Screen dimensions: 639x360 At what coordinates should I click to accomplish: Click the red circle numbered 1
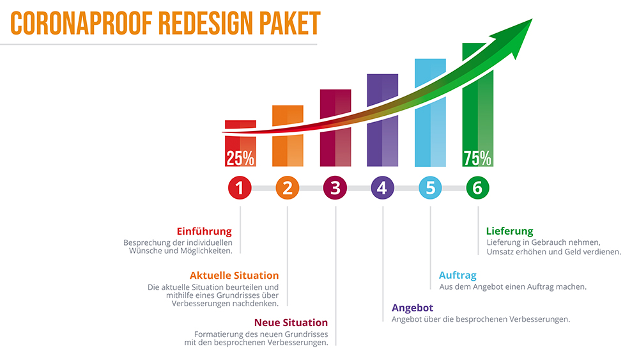(240, 188)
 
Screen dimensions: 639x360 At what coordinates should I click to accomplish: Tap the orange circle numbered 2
(288, 188)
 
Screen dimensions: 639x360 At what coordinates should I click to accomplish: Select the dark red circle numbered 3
(335, 188)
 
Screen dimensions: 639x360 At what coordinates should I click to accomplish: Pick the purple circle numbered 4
(382, 188)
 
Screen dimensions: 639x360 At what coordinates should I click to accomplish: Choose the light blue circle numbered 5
(430, 188)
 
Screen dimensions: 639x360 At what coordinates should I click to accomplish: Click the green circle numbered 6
(477, 188)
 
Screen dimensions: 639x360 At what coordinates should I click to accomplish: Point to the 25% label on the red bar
(240, 158)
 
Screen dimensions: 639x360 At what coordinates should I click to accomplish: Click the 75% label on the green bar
(477, 158)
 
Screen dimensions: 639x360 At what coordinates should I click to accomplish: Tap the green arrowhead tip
(532, 19)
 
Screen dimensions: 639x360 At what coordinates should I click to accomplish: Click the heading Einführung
(204, 231)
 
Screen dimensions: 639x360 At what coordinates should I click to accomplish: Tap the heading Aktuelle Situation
(235, 276)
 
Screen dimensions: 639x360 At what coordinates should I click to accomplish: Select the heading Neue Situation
(291, 322)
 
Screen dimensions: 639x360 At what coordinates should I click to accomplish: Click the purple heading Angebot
(412, 308)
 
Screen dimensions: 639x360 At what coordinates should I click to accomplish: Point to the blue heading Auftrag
(458, 276)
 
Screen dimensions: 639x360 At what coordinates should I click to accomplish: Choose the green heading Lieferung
(509, 231)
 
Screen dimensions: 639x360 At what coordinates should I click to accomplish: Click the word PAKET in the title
(290, 23)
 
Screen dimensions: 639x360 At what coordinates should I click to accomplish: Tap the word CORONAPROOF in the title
(82, 23)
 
